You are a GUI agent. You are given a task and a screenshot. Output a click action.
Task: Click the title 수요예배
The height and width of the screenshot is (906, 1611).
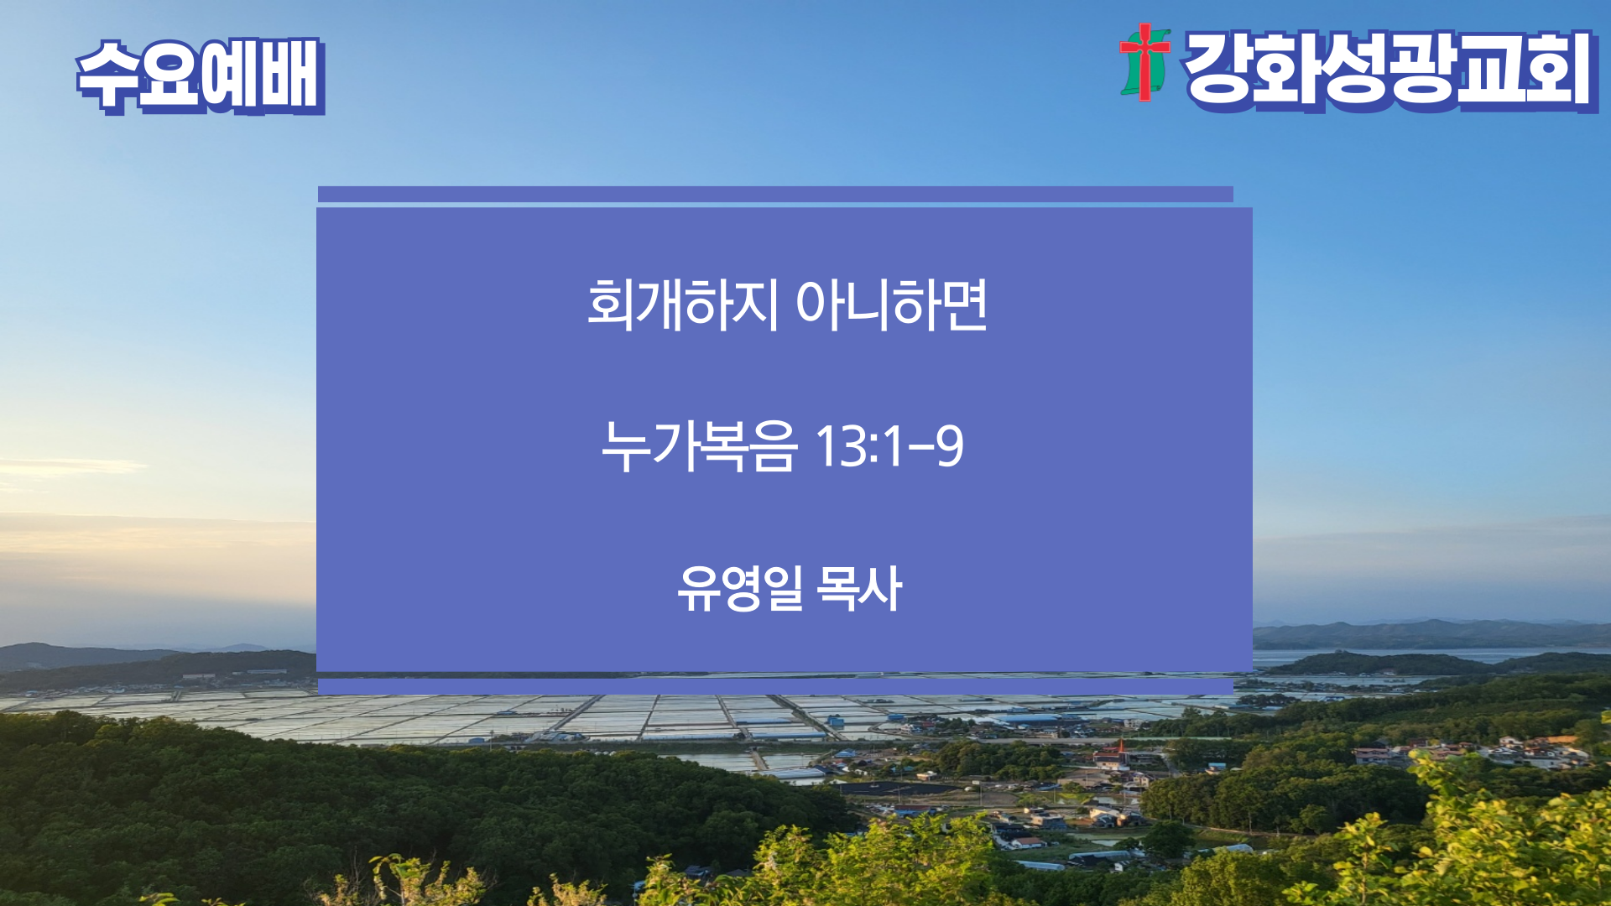point(201,75)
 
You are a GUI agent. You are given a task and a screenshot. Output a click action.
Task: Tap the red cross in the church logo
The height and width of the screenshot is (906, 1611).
point(1144,60)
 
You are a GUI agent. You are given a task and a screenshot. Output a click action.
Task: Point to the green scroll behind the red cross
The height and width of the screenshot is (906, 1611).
point(1146,63)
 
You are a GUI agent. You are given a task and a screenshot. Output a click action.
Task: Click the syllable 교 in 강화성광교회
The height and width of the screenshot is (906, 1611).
point(1490,70)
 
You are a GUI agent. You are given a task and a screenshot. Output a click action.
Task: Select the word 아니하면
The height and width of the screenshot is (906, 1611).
point(891,304)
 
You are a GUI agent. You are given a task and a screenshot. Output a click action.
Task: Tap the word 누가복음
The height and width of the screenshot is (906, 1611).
point(698,445)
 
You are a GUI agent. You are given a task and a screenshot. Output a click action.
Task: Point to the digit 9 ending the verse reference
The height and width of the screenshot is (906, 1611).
point(950,445)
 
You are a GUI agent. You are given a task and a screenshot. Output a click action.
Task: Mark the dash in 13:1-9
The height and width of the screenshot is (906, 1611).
point(921,448)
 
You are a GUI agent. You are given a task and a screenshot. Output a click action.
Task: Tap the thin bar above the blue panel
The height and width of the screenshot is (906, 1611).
point(775,195)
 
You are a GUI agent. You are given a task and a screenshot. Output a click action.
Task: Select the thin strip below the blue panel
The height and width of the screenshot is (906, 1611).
point(775,686)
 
